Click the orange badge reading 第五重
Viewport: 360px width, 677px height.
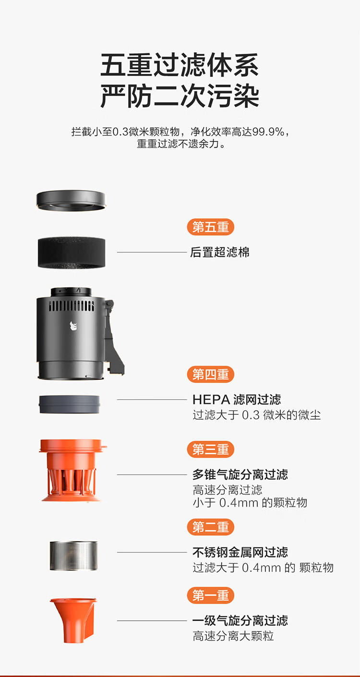point(211,227)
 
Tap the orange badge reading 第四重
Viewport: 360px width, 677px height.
point(211,375)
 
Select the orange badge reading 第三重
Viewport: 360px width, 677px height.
point(211,449)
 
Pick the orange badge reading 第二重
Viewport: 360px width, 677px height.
point(211,527)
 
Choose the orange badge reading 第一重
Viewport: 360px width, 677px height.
point(211,595)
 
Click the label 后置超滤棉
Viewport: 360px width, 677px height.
point(220,253)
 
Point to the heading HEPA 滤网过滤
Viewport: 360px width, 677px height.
point(237,399)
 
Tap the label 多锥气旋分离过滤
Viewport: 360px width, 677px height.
point(240,474)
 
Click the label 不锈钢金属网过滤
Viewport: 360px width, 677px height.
point(240,552)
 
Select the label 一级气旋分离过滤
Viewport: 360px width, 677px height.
point(240,620)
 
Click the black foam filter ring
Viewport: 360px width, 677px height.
point(72,253)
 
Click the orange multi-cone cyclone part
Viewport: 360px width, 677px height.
point(72,470)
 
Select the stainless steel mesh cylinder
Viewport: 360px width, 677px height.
point(73,556)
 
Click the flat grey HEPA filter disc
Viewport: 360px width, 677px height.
point(69,404)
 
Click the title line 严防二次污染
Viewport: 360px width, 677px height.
point(180,96)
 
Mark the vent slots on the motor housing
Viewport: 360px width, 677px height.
point(72,306)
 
